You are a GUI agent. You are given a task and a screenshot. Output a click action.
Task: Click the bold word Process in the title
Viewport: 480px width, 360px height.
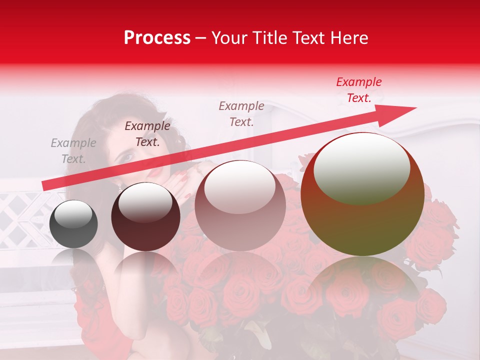point(157,38)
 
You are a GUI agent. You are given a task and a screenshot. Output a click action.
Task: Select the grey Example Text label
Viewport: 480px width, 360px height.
point(73,151)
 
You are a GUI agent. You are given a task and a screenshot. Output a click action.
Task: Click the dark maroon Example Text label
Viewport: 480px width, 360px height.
point(147,134)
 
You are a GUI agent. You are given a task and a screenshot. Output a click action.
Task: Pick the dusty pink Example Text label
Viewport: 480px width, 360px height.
point(241,113)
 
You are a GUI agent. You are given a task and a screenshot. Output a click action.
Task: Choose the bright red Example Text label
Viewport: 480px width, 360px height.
point(359,90)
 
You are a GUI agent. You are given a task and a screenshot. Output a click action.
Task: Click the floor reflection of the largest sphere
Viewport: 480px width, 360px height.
point(362,285)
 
